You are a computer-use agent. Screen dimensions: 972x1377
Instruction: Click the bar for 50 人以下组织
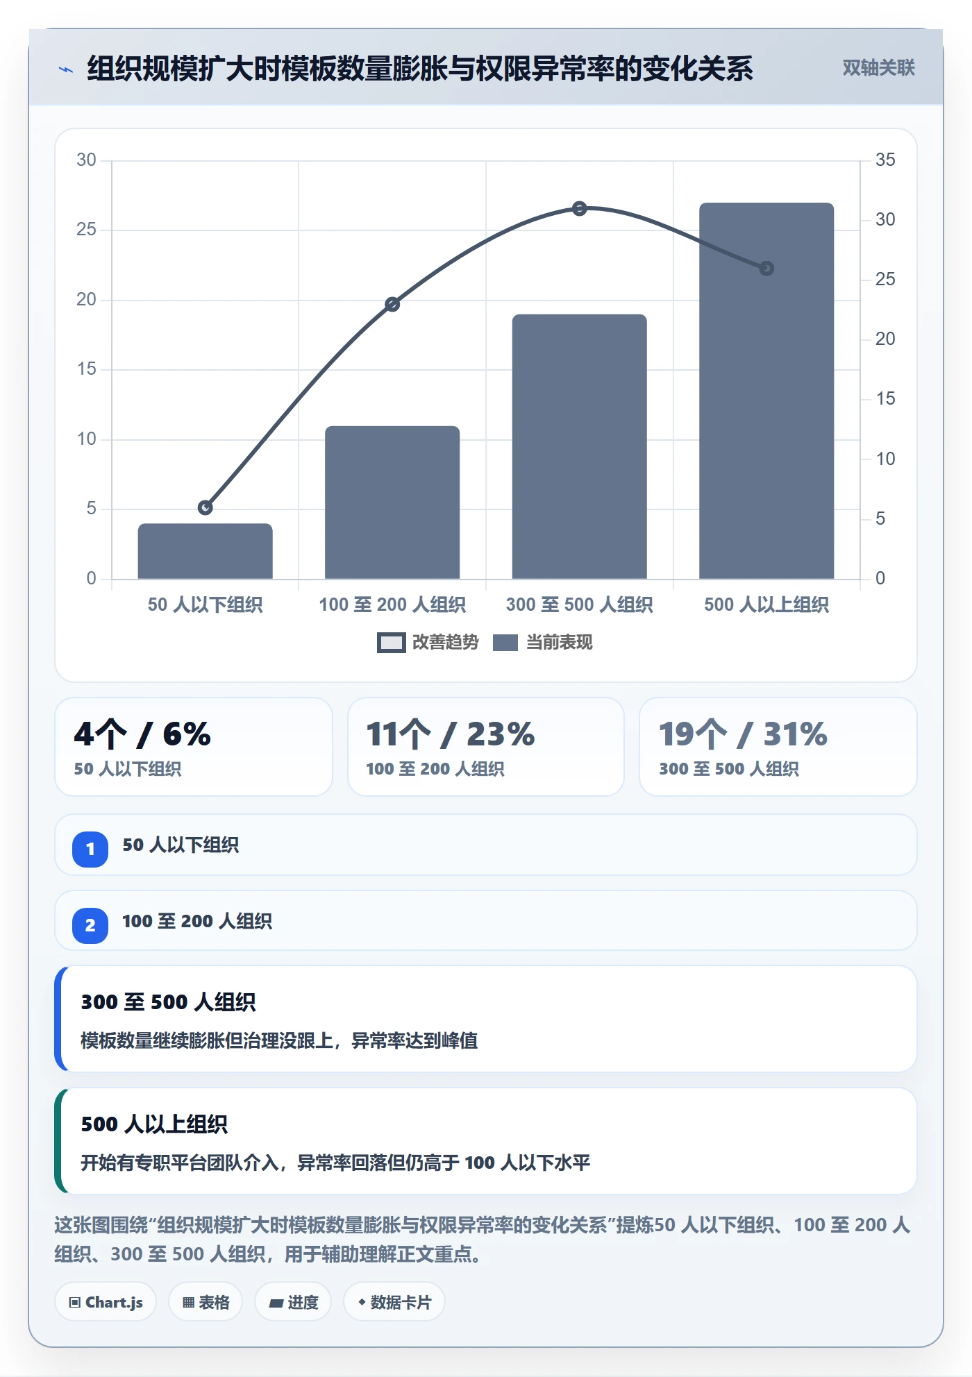[205, 551]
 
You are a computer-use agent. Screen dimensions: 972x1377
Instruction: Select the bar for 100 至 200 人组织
[392, 502]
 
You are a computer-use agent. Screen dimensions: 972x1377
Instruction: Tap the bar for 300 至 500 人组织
[579, 446]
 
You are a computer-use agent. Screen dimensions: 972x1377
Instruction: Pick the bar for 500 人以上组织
[766, 391]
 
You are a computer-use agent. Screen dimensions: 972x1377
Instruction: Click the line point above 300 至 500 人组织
[580, 208]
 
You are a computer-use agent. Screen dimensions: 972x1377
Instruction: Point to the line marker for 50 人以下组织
[205, 507]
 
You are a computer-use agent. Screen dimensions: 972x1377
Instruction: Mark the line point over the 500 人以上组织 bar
[766, 268]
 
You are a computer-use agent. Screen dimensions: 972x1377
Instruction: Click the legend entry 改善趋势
[428, 642]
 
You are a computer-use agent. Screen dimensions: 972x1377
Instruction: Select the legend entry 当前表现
[543, 642]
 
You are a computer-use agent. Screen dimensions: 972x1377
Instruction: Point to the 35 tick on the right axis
[885, 160]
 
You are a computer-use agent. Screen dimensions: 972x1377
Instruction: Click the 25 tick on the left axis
[86, 230]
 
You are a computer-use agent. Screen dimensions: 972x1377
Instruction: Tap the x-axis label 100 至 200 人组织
[392, 605]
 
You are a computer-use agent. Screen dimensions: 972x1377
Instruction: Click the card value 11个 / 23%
[451, 734]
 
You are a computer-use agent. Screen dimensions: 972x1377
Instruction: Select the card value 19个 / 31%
[743, 734]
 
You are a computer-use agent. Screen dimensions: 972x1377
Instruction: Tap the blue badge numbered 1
[90, 849]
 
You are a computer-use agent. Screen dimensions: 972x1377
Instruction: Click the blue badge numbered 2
[90, 925]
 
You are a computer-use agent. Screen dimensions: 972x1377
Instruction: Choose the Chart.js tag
[106, 1302]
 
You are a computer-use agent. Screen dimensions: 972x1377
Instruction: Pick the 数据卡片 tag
[394, 1302]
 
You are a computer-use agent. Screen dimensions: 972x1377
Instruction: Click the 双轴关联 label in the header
[878, 67]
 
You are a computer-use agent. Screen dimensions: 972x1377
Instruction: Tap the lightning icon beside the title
[66, 69]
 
